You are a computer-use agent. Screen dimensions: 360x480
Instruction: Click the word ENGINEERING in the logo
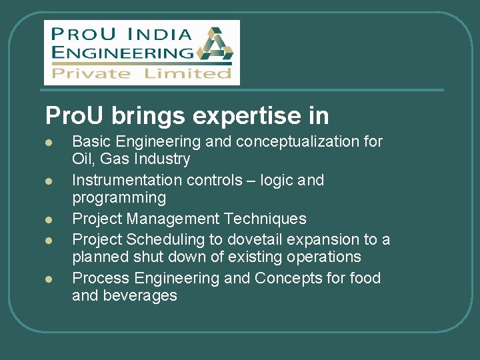click(122, 51)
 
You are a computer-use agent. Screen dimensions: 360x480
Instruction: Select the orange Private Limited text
click(141, 73)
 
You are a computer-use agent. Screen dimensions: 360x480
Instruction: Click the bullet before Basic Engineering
click(49, 143)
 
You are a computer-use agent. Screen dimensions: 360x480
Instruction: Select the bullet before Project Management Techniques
click(49, 219)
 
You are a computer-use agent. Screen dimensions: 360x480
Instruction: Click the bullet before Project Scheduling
click(49, 240)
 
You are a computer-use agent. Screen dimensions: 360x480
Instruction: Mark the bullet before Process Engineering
click(49, 279)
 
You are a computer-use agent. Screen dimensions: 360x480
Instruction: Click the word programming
click(119, 198)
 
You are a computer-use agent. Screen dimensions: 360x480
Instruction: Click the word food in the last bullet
click(363, 278)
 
